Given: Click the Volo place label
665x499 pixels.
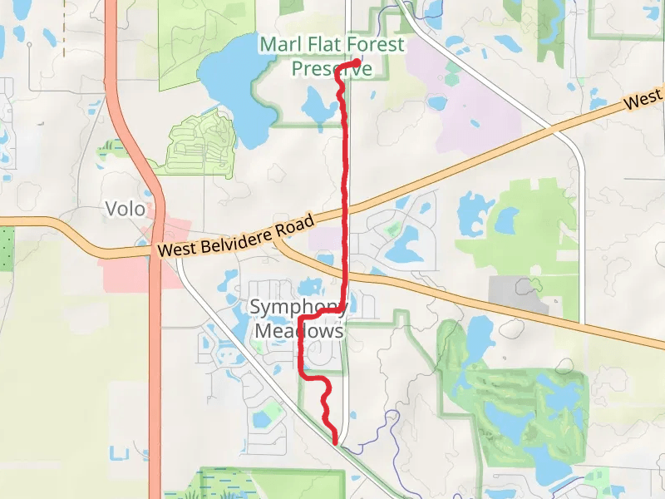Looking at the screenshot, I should click(126, 209).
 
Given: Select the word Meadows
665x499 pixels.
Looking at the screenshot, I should click(298, 331).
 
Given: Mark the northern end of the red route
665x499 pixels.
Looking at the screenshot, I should click(357, 62).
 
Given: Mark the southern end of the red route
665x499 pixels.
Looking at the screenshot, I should click(336, 442).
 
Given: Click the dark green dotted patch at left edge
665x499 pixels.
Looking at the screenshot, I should click(7, 247).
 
